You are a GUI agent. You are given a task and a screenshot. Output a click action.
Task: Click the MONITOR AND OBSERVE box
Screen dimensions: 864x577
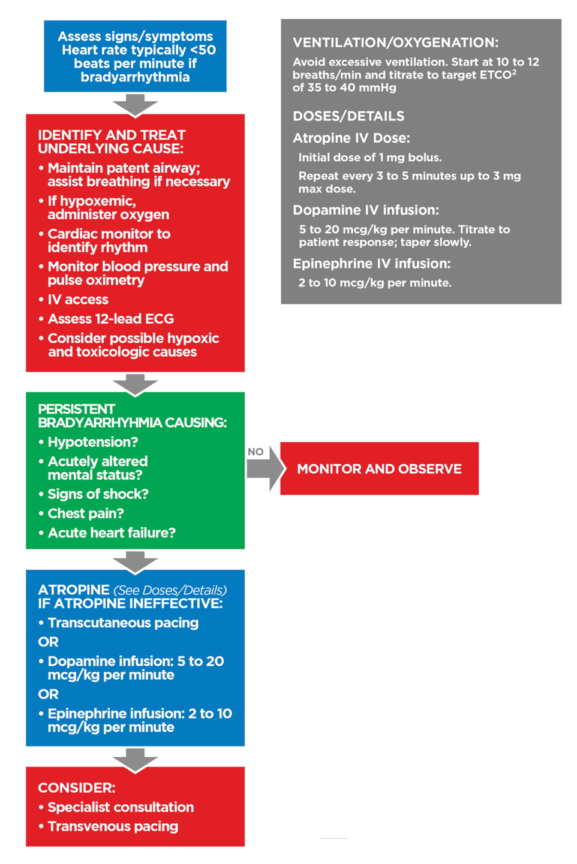click(x=379, y=469)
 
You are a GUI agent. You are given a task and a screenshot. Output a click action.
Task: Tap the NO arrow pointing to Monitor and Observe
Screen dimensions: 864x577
click(x=263, y=469)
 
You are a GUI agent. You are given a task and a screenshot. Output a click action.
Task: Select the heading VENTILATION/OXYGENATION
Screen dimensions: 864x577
click(x=395, y=43)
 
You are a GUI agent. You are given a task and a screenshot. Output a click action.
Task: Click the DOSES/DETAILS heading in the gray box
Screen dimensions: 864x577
click(x=348, y=116)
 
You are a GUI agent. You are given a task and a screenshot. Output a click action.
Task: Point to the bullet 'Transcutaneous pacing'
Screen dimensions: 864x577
click(x=123, y=623)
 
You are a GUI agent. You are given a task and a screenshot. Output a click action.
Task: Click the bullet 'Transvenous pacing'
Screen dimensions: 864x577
click(x=113, y=826)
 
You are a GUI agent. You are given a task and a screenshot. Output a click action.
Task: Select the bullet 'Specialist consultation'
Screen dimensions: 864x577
click(x=121, y=807)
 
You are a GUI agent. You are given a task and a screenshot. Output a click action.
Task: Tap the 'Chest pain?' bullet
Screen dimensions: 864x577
click(x=86, y=513)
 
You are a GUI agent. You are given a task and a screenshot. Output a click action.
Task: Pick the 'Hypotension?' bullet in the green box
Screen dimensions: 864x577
click(x=92, y=442)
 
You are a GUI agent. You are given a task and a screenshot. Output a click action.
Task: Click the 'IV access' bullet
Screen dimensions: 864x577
click(x=78, y=300)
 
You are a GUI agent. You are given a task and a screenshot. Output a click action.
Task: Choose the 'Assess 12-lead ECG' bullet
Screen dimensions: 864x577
click(x=110, y=319)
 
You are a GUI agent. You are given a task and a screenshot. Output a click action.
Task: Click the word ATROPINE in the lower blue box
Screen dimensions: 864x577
click(x=73, y=590)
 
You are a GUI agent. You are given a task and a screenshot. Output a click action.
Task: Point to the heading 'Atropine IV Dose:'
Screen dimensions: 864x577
click(x=351, y=138)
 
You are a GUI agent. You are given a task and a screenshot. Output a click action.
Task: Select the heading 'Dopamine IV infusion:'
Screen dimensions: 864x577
click(x=365, y=210)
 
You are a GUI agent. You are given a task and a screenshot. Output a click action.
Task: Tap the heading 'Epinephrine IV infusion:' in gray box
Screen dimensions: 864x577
click(x=371, y=264)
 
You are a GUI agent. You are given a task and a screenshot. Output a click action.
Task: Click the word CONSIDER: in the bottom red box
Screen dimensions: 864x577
click(x=76, y=788)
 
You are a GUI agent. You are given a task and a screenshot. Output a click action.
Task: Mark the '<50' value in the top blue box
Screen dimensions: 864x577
click(x=203, y=50)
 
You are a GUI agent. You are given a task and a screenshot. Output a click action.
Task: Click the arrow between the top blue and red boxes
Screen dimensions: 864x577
click(x=135, y=105)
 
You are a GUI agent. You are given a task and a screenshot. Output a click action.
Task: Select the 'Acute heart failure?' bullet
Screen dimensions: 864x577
click(x=112, y=533)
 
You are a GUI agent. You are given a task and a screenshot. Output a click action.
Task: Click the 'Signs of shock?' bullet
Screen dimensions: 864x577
click(x=98, y=494)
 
